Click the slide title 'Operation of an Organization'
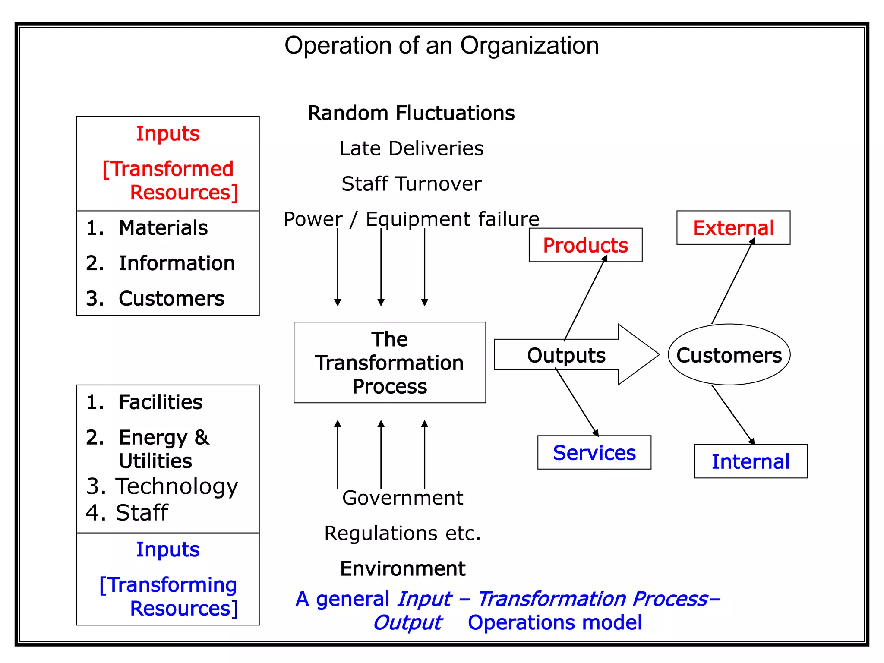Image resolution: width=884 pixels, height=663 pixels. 441,45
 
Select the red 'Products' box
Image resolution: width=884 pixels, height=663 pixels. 585,245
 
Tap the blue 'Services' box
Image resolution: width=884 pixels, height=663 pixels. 594,453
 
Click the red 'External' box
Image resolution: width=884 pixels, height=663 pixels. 733,228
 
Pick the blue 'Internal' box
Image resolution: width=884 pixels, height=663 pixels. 750,461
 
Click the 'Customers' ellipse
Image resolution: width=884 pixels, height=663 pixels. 729,355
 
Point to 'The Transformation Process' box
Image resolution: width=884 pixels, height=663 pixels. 389,363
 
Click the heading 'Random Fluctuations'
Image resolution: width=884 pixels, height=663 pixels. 411,113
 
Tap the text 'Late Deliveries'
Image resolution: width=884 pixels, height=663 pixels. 411,148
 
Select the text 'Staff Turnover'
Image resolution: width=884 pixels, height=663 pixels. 411,184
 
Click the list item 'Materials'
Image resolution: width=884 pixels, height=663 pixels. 163,228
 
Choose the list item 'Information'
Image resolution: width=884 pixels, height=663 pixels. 177,263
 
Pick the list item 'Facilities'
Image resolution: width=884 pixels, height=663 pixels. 160,402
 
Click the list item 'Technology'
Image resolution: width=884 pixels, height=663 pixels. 177,486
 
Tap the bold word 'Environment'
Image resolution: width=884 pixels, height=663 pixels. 402,568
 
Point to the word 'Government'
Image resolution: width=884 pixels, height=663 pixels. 402,498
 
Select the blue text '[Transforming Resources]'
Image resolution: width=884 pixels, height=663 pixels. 168,597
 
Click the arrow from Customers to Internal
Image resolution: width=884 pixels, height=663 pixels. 733,415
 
